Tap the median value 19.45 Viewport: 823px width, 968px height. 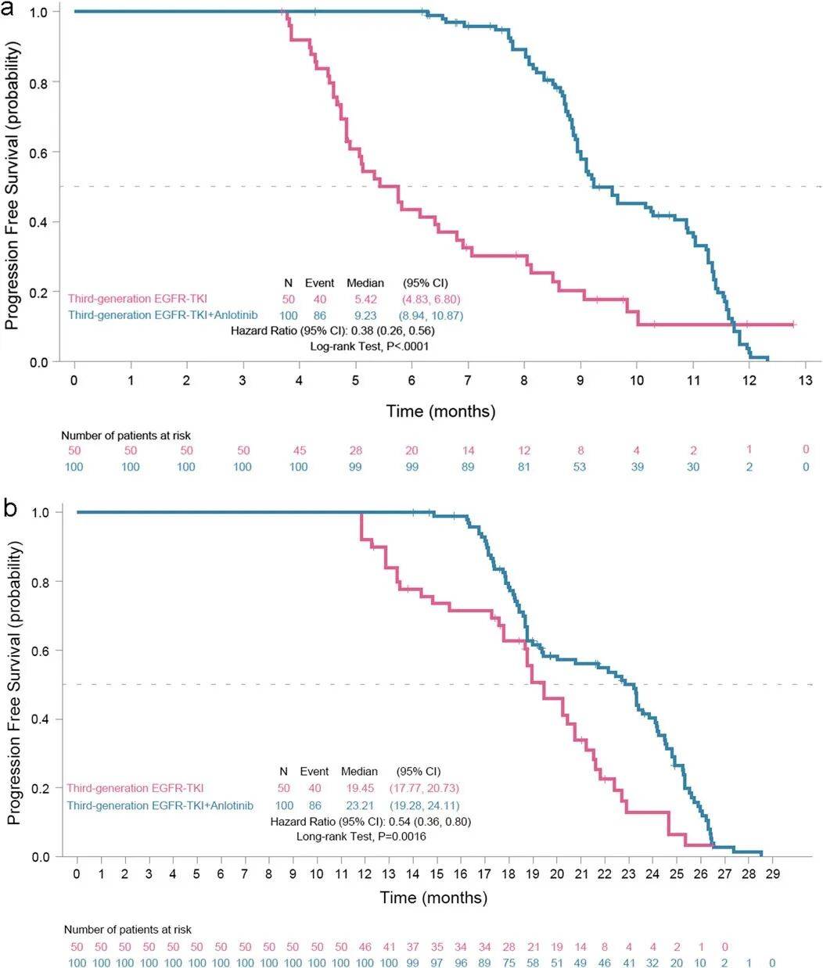coord(359,788)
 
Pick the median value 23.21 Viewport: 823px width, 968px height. coord(359,805)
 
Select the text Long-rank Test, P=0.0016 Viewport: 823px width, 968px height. coord(361,837)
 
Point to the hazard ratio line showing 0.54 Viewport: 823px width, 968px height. coord(370,821)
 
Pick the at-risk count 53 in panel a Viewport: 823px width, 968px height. coord(580,466)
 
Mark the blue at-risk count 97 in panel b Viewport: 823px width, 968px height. coord(437,962)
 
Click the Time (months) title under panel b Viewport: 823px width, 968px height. coord(433,898)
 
